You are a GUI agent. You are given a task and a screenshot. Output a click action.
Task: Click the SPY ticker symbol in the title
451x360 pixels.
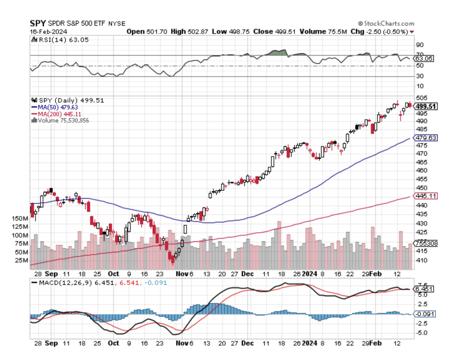pyautogui.click(x=38, y=23)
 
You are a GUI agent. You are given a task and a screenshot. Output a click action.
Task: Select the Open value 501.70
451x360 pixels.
pyautogui.click(x=154, y=31)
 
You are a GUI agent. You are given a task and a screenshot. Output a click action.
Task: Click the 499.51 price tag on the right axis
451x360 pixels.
pyautogui.click(x=426, y=106)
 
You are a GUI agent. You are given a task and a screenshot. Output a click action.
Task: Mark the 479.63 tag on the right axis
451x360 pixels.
pyautogui.click(x=426, y=138)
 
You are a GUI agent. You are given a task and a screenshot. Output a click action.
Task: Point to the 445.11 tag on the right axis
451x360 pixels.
pyautogui.click(x=426, y=196)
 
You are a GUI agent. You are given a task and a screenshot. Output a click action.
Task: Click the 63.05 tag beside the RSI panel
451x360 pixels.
pyautogui.click(x=424, y=59)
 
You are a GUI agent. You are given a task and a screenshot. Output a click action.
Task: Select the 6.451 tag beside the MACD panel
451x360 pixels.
pyautogui.click(x=424, y=289)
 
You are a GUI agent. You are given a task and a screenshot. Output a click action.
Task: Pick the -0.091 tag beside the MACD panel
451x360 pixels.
pyautogui.click(x=425, y=314)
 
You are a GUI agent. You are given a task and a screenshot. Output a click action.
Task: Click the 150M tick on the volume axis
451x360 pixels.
pyautogui.click(x=20, y=218)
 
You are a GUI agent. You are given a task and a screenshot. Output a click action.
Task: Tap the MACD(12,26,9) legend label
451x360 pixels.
pyautogui.click(x=61, y=282)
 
